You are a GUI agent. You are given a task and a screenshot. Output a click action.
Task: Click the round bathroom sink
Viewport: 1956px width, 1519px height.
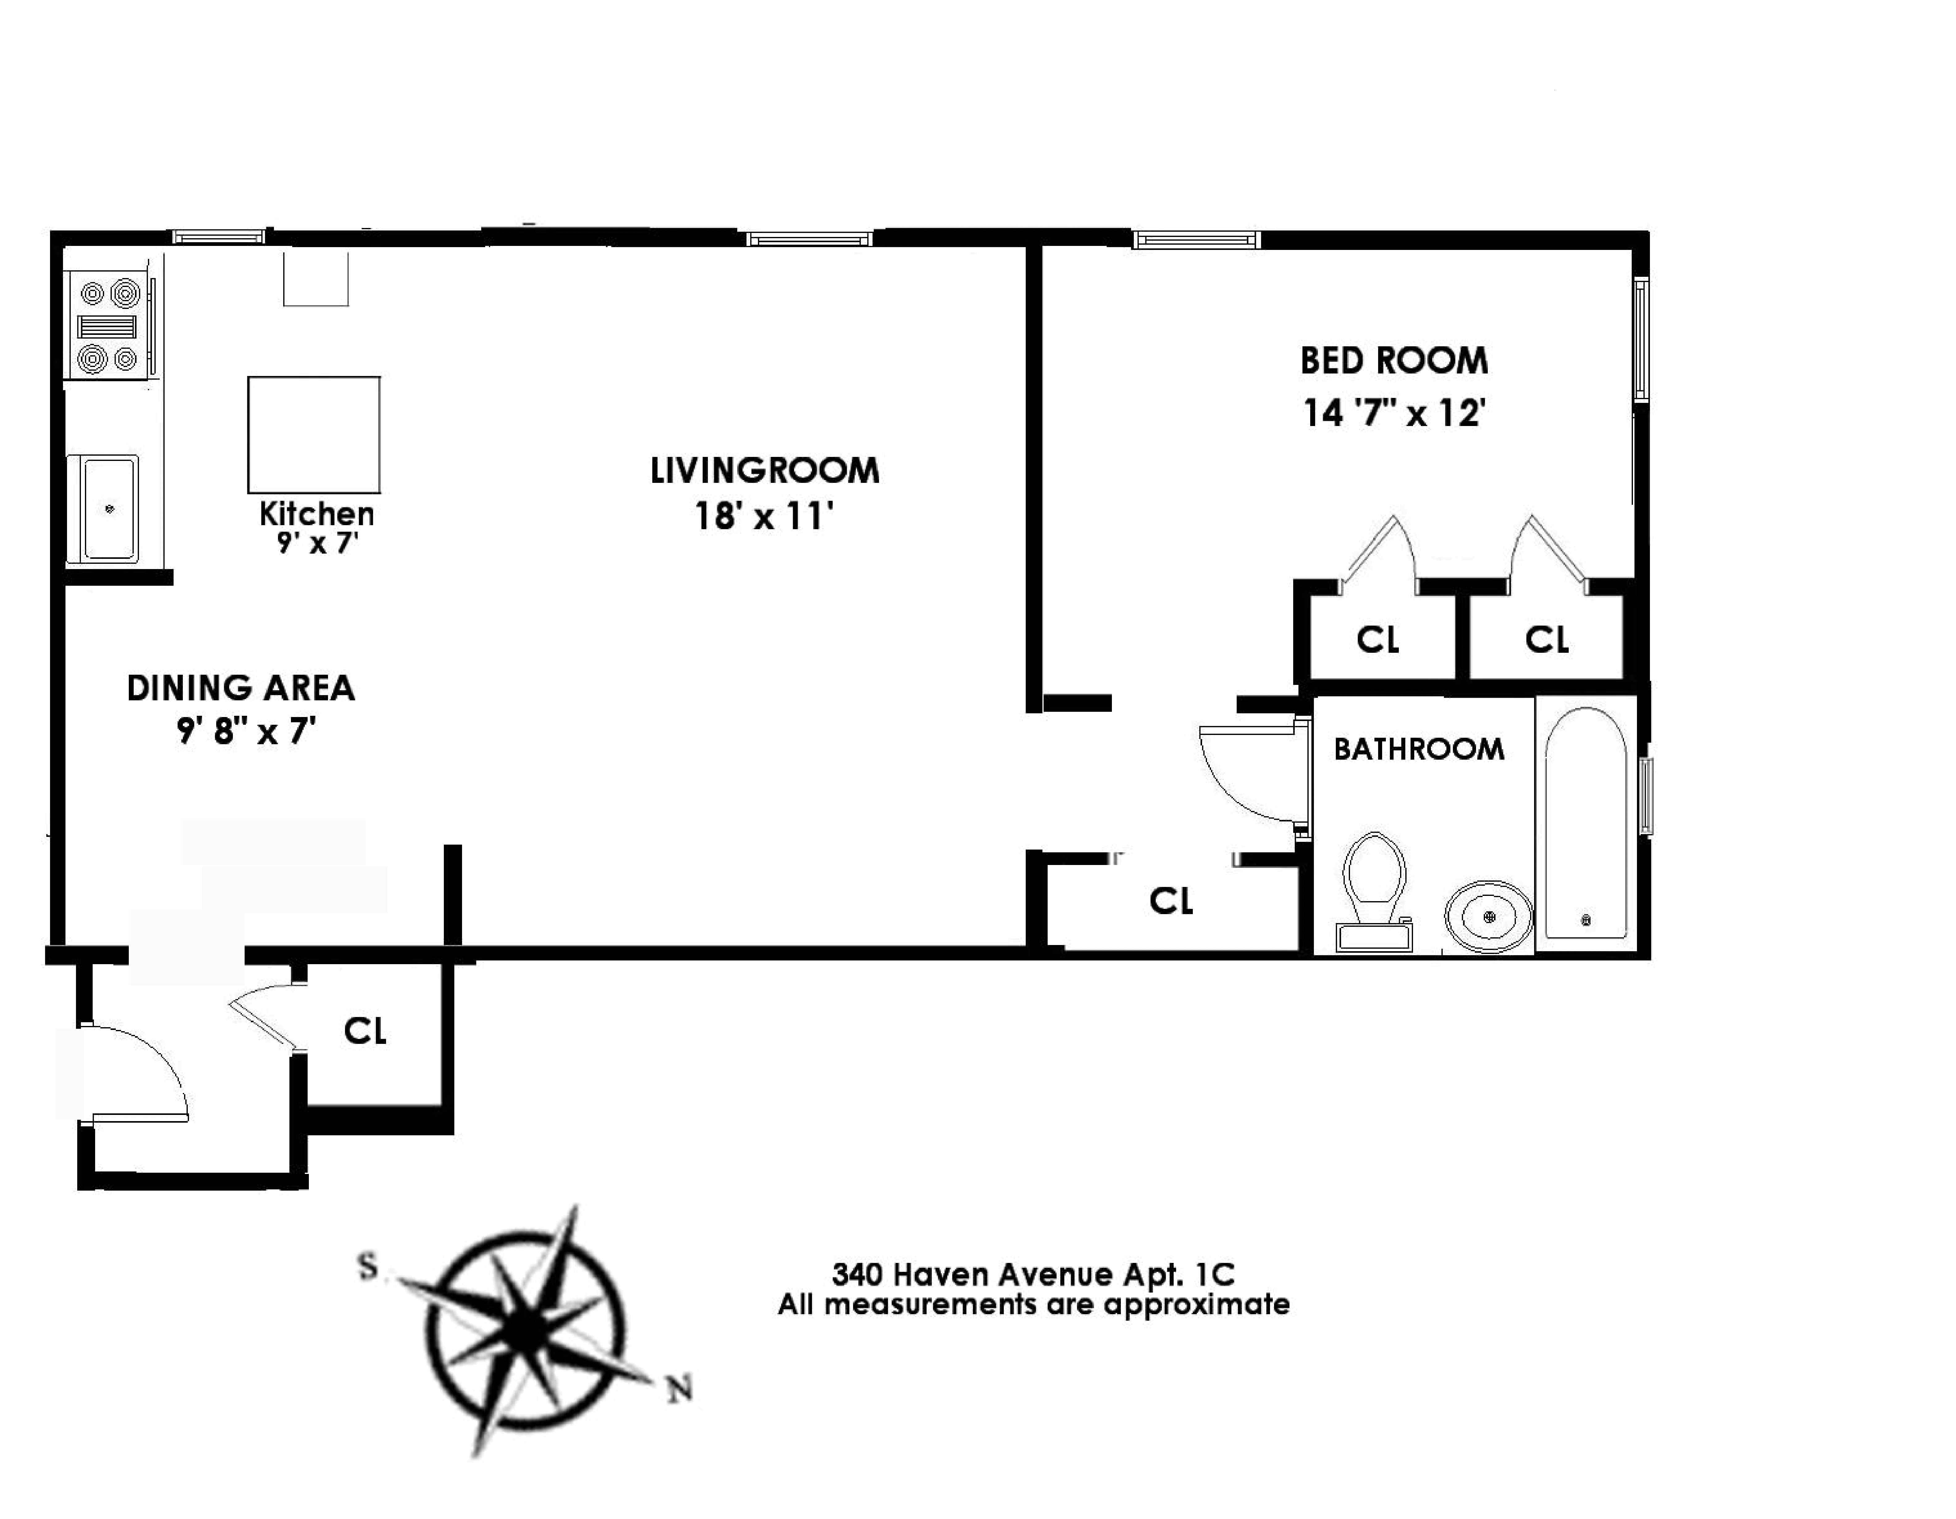[x=1485, y=915]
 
